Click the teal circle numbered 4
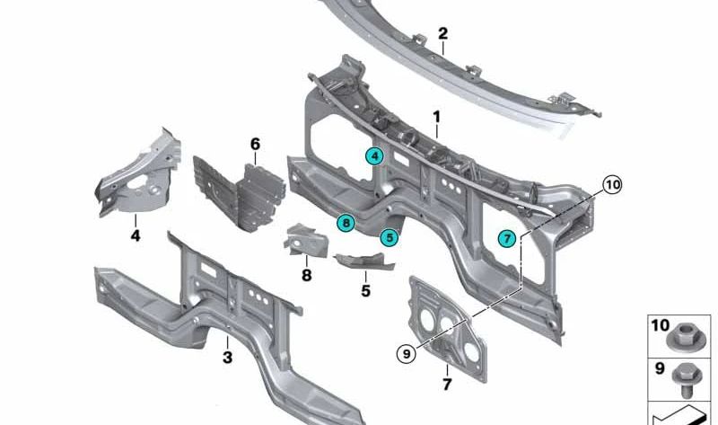tap(374, 155)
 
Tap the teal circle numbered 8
tap(346, 223)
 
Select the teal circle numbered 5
tap(390, 237)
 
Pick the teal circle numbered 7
tap(507, 238)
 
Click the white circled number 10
tap(612, 185)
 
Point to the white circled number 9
tap(407, 353)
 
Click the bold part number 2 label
tap(442, 33)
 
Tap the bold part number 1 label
tap(436, 117)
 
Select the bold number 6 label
tap(255, 144)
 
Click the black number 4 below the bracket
tap(136, 235)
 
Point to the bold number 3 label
tap(228, 357)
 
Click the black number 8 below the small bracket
tap(306, 275)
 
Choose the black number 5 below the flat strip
tap(365, 290)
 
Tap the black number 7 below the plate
tap(447, 385)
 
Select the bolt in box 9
tap(685, 379)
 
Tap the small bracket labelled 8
tap(306, 240)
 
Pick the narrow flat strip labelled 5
tap(365, 261)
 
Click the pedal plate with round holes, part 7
tap(447, 328)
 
